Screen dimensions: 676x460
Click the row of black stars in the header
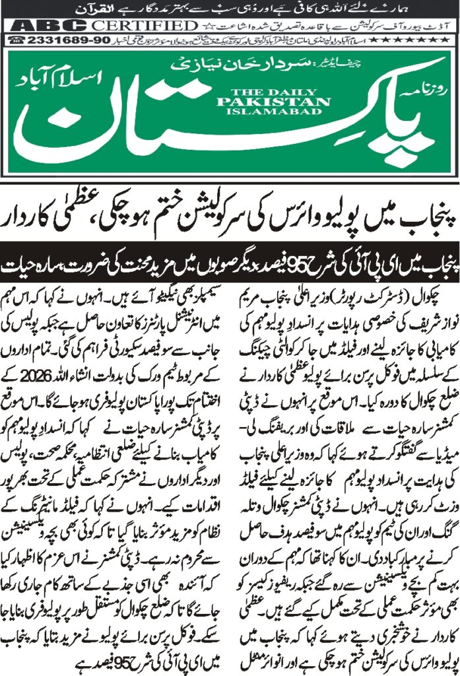pyautogui.click(x=432, y=40)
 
